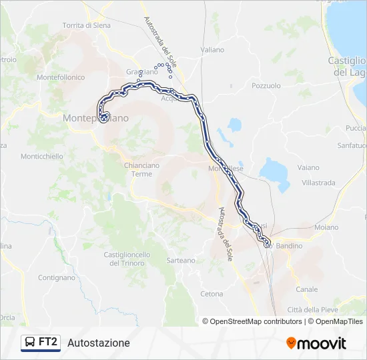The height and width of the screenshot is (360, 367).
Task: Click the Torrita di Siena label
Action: click(87, 25)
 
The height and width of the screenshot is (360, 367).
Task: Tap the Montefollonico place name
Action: click(61, 77)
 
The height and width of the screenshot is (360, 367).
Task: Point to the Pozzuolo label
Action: click(266, 86)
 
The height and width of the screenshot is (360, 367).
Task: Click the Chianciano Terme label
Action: click(137, 170)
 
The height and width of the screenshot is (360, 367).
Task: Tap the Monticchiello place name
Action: click(42, 157)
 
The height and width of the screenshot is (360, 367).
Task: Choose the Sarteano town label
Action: click(181, 261)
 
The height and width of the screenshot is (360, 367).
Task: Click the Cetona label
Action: click(212, 294)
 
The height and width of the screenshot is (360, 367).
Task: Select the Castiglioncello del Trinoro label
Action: click(127, 259)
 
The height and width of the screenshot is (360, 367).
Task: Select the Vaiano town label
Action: click(308, 168)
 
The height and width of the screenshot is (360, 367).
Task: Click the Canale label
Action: click(307, 289)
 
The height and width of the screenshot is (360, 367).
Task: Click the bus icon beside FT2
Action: click(30, 343)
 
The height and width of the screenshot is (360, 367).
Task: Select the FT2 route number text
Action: click(49, 343)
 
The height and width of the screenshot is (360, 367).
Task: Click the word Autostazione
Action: click(99, 343)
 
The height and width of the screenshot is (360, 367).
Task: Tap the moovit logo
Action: click(316, 343)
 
